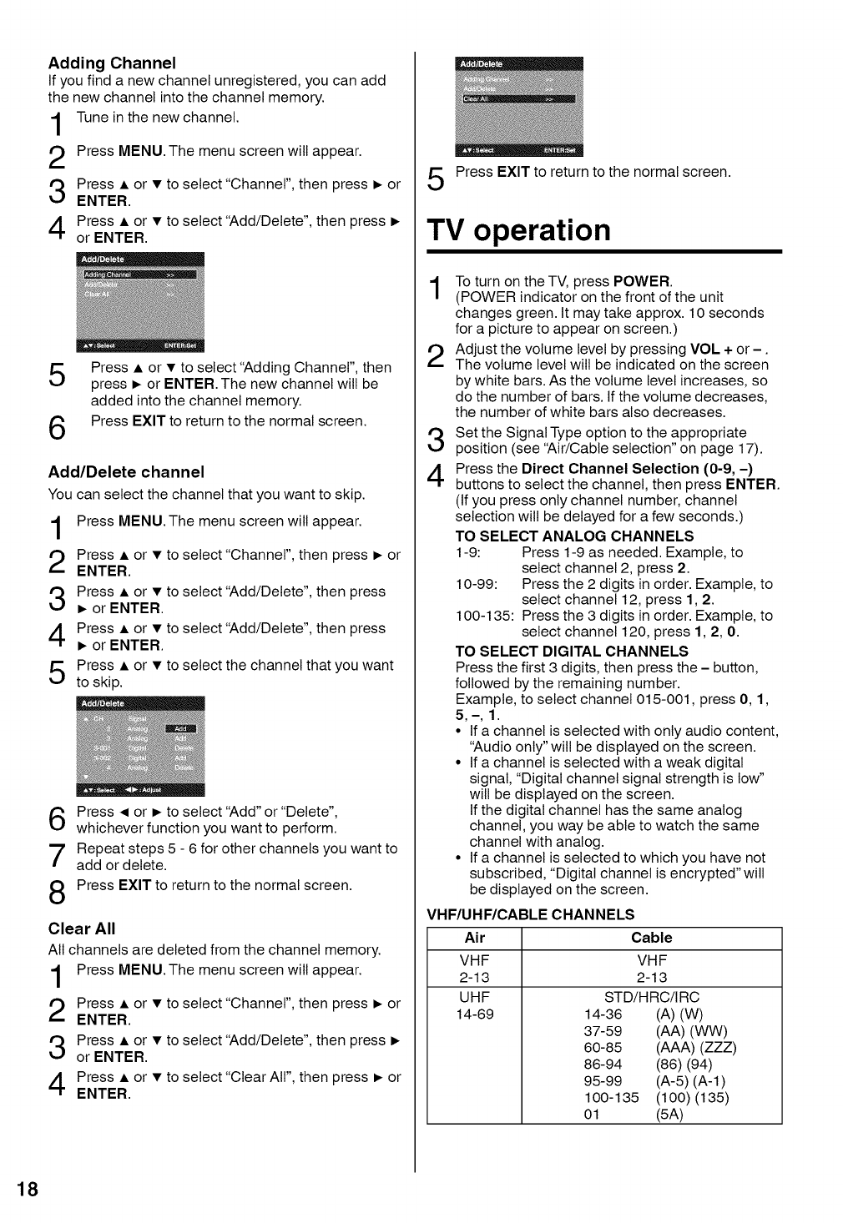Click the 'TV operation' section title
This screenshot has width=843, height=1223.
(518, 229)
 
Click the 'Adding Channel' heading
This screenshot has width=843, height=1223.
(112, 63)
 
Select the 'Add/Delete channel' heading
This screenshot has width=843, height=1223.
(126, 471)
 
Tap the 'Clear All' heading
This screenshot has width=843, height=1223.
(82, 929)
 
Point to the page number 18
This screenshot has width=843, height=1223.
(27, 1190)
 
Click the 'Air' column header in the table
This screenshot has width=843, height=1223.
(474, 938)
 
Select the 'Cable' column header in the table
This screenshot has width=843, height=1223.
(651, 938)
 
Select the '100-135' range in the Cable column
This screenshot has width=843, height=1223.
(611, 1098)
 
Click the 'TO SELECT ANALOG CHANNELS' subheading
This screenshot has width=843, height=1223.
(574, 536)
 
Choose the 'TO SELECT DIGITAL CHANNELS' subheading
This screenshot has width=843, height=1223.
(572, 651)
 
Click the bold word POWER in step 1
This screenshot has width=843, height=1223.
(641, 281)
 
